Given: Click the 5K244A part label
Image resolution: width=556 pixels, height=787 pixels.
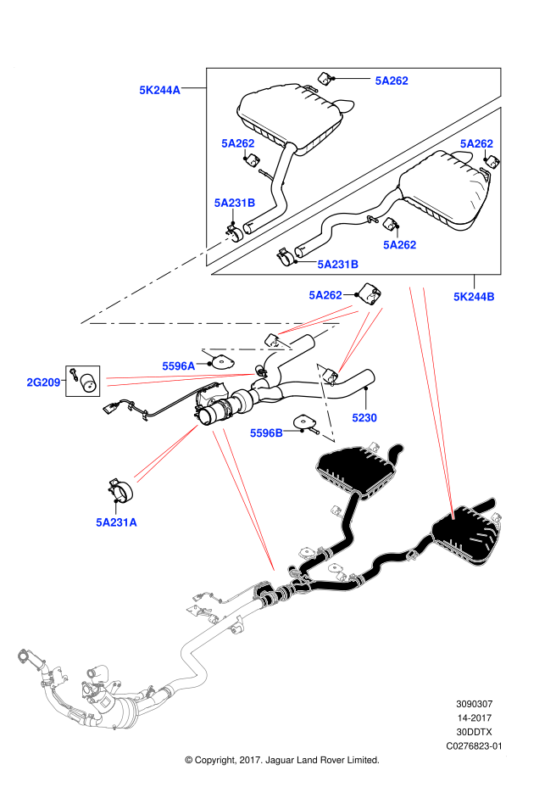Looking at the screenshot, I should coord(159,90).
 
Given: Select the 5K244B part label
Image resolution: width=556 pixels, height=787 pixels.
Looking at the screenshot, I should coord(474,297).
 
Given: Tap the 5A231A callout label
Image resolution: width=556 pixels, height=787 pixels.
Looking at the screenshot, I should coord(116,522).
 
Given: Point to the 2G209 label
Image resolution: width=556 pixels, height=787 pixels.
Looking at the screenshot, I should coord(43,382).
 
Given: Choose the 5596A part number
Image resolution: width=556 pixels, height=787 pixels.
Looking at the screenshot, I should coord(179,366).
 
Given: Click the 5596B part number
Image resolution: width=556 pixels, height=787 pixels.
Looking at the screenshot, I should coord(266,433).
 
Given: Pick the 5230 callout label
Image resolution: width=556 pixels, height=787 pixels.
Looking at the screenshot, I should coord(364,418).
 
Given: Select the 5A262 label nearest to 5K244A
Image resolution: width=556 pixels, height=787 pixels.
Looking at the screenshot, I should coord(238,143).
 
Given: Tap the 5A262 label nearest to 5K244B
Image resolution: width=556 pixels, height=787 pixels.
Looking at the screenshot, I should coord(400,245).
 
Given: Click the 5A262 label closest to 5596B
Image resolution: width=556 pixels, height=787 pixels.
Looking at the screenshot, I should coord(325,295).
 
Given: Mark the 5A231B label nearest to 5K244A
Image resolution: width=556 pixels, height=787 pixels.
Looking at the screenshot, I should coord(235,203).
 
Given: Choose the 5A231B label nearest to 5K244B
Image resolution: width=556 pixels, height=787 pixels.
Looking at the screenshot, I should coord(338,265).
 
